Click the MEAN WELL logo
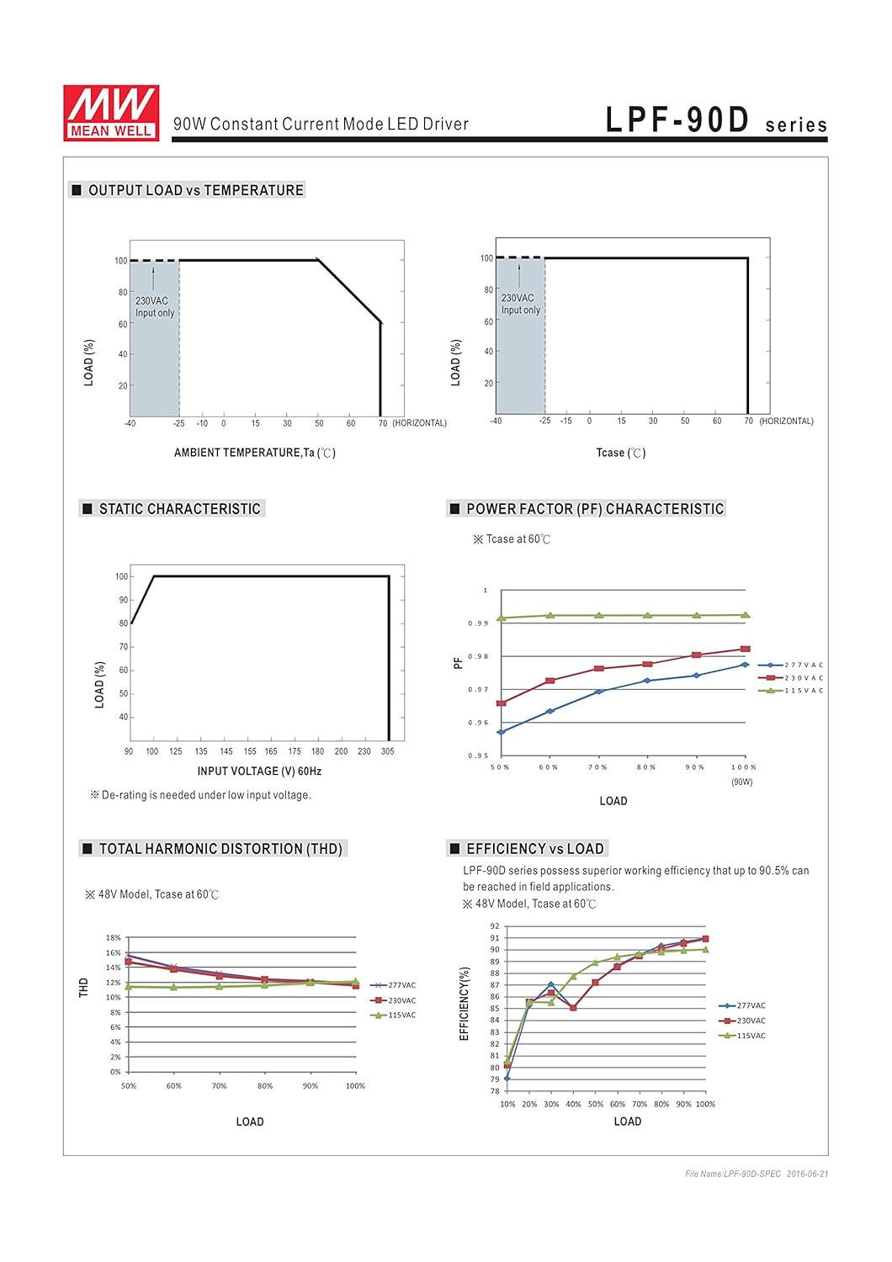pyautogui.click(x=110, y=113)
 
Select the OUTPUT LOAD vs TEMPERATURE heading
pyautogui.click(x=195, y=190)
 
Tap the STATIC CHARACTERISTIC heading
pyautogui.click(x=179, y=509)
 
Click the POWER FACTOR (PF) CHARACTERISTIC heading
pyautogui.click(x=594, y=509)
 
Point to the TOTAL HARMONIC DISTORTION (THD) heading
pyautogui.click(x=220, y=849)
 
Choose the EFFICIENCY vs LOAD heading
pyautogui.click(x=534, y=849)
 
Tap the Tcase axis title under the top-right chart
pyautogui.click(x=620, y=453)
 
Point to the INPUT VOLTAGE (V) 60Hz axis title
pyautogui.click(x=259, y=771)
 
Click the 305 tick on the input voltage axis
pyautogui.click(x=387, y=751)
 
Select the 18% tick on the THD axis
pyautogui.click(x=114, y=937)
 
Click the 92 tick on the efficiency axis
pyautogui.click(x=495, y=926)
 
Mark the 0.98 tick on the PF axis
pyautogui.click(x=478, y=656)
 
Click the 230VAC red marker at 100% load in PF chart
pyautogui.click(x=746, y=649)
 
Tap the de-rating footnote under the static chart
pyautogui.click(x=201, y=795)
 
